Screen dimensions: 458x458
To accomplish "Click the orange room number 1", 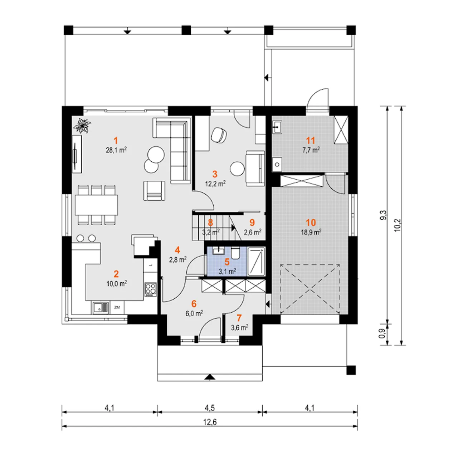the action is [x=116, y=141].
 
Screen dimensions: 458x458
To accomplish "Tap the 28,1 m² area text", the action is [x=116, y=150].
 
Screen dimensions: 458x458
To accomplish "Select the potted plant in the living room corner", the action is [x=82, y=126].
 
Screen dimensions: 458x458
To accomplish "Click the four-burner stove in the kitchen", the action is [x=150, y=289].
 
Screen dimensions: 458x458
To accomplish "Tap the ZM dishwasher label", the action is [x=117, y=308].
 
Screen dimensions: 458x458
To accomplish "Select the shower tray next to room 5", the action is [x=256, y=262].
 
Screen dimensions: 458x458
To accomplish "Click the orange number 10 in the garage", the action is [x=311, y=223].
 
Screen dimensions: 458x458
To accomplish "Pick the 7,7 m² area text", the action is [x=311, y=150].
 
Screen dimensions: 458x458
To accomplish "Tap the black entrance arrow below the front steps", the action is [x=210, y=377].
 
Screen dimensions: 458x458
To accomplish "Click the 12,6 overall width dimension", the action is [x=210, y=422].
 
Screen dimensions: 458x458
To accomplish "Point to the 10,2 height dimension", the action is [x=398, y=225].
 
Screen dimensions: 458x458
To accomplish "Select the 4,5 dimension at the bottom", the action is [x=210, y=408].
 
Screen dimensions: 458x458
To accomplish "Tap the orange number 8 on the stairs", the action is [x=210, y=223].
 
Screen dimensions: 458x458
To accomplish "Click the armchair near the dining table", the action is [x=154, y=191].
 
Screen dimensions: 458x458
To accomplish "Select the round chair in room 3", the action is [x=219, y=135].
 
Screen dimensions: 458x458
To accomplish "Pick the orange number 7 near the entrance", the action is [x=239, y=318].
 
